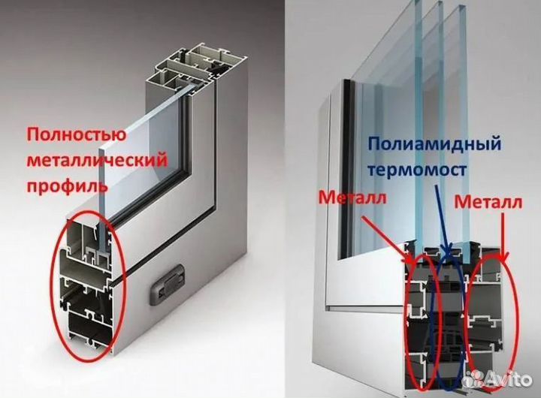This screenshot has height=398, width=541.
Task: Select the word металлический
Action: point(98,160)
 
